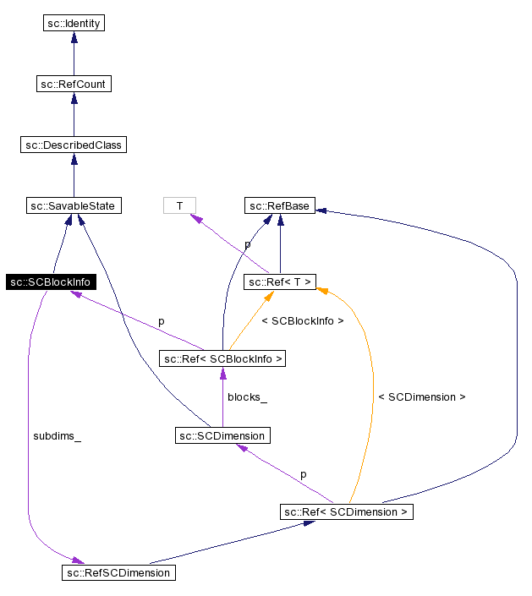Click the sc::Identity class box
click(73, 23)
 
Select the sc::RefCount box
click(73, 84)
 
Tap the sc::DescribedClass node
click(73, 145)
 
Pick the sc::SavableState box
click(73, 205)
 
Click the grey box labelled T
click(179, 205)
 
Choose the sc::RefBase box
click(280, 205)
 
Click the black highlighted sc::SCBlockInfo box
click(50, 282)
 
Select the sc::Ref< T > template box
click(280, 282)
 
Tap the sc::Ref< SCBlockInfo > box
click(222, 359)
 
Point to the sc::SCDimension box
click(222, 435)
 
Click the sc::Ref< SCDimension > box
click(347, 511)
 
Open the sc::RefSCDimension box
click(118, 572)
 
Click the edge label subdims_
click(57, 436)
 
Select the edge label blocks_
click(247, 396)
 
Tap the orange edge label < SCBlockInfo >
click(303, 321)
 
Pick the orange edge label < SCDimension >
click(421, 396)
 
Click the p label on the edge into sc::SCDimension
click(303, 474)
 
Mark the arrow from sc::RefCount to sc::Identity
click(73, 53)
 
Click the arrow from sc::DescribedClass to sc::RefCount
click(73, 114)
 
